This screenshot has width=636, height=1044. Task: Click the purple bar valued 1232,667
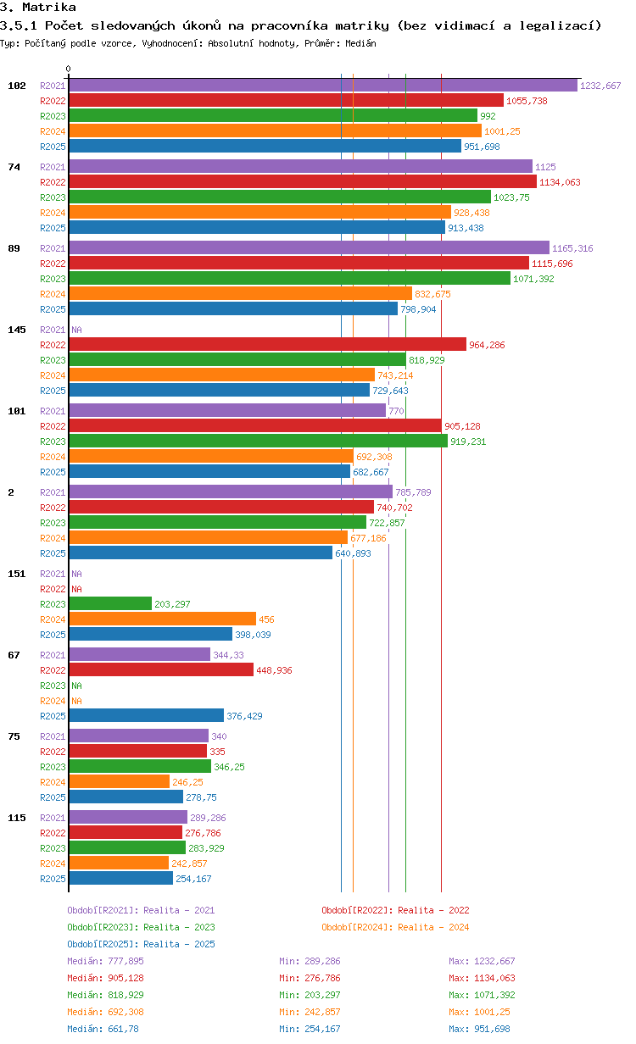coord(323,86)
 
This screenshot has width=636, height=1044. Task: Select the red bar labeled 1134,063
coord(303,181)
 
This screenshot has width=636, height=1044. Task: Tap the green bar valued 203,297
coord(110,603)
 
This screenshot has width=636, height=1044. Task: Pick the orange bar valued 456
coord(163,619)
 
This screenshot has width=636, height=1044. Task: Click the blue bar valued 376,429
coord(147,715)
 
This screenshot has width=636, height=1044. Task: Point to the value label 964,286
coord(487,345)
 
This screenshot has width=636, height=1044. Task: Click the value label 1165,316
coord(572,248)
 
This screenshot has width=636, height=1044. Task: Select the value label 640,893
coord(353,553)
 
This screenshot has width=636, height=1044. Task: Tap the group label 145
coord(17,330)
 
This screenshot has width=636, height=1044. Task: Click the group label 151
coord(17,574)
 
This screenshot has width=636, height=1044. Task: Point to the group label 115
coord(17,818)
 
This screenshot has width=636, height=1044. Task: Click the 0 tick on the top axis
coord(68,69)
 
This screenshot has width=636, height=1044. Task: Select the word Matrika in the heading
coord(49,7)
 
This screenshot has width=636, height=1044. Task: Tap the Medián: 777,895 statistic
coord(105,961)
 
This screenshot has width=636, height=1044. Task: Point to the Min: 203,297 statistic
coord(310,995)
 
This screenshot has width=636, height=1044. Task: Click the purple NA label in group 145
coord(76,330)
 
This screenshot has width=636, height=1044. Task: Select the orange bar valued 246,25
coord(120,781)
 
